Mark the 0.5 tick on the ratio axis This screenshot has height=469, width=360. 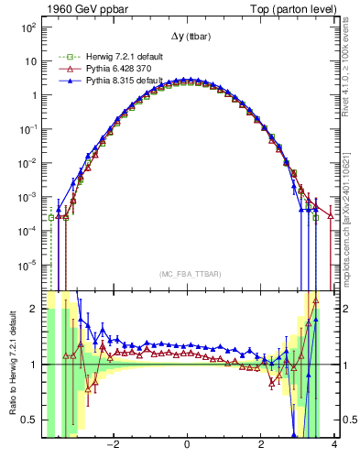tap(31, 420)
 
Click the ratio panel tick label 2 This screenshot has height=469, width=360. tap(35, 309)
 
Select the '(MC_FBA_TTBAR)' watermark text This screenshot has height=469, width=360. tap(188, 274)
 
